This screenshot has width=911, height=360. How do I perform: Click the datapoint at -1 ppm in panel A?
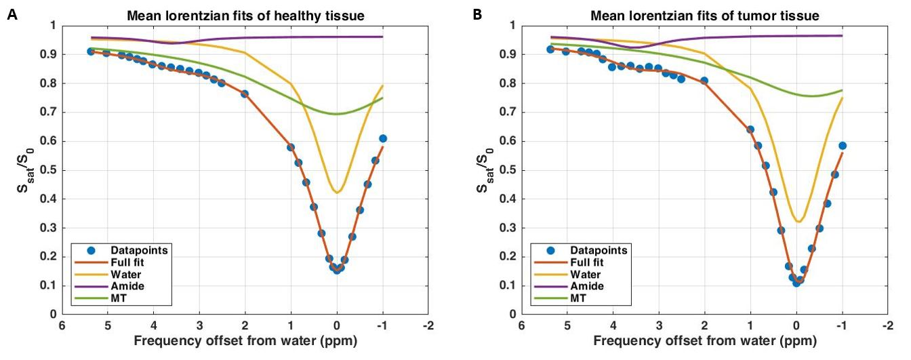tap(383, 138)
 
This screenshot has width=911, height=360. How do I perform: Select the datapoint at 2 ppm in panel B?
tap(704, 81)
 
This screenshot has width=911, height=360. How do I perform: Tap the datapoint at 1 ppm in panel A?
tap(291, 147)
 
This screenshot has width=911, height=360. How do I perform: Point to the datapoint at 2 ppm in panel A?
tap(245, 94)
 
